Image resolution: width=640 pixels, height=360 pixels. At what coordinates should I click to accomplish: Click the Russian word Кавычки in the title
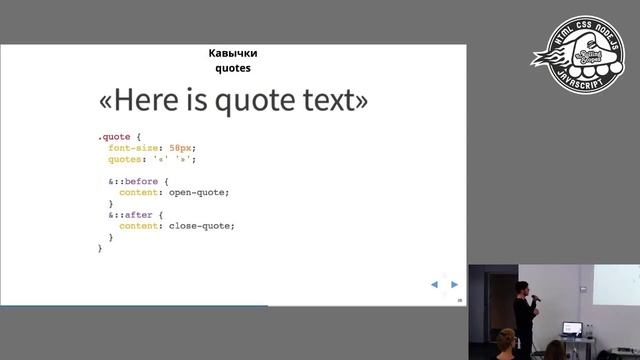232,54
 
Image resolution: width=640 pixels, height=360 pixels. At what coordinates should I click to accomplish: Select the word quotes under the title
232,69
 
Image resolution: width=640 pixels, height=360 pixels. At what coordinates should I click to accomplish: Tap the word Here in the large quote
148,101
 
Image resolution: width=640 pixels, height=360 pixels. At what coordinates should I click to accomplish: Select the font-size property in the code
136,147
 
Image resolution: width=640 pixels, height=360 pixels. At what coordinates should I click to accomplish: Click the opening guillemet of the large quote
108,102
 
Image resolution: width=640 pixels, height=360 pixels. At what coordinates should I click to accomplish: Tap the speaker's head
521,289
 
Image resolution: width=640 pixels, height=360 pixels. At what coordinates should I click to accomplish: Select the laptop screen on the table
572,327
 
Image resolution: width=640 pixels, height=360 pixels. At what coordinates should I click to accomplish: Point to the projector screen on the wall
616,290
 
